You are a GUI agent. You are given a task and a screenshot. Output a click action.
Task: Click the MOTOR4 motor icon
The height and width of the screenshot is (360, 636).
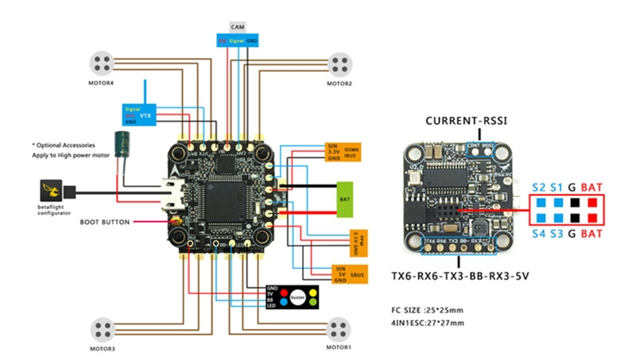(x=103, y=63)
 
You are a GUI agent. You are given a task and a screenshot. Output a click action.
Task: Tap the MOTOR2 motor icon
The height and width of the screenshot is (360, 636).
(x=339, y=62)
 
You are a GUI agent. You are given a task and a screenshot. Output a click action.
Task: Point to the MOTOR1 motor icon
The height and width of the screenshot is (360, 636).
(x=338, y=328)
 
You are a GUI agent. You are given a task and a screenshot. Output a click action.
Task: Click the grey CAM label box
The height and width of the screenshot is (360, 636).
(x=238, y=27)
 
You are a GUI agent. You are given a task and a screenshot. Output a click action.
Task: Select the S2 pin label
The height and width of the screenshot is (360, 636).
(x=538, y=188)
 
